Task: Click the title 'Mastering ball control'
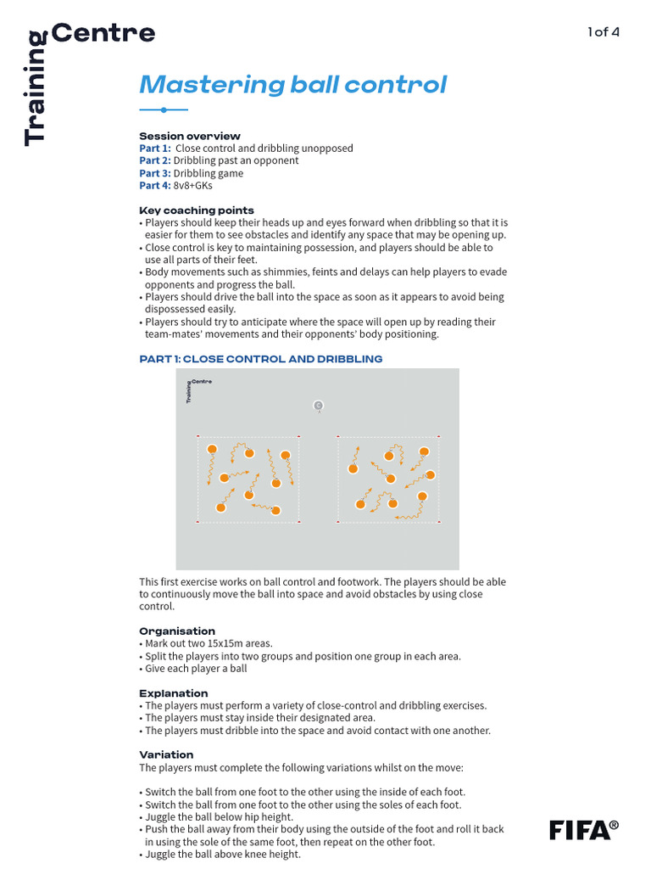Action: click(292, 85)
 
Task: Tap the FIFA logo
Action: click(583, 829)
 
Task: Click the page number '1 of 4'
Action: click(604, 32)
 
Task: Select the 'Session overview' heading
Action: click(190, 136)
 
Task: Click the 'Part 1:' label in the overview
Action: click(155, 149)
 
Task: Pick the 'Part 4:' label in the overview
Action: click(155, 185)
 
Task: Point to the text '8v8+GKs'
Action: click(193, 185)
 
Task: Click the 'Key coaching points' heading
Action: click(197, 210)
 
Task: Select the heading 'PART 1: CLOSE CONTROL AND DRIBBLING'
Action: click(261, 359)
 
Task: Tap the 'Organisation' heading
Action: click(177, 631)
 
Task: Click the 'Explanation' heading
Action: click(174, 693)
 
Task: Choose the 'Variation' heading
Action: click(166, 754)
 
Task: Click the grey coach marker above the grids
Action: click(318, 406)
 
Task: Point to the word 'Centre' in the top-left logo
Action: click(103, 34)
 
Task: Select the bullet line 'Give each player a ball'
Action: click(196, 669)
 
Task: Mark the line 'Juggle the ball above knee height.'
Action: click(222, 855)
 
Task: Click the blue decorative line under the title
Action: click(164, 109)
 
